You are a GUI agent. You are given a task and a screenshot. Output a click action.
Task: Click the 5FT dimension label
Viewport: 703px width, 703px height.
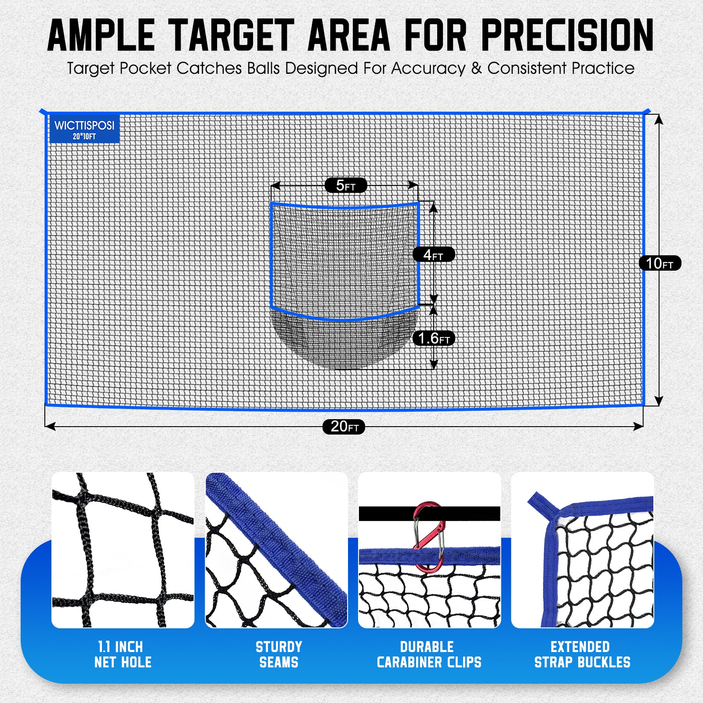[346, 185]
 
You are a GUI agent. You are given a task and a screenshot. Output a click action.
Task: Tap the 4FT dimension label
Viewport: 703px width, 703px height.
[433, 254]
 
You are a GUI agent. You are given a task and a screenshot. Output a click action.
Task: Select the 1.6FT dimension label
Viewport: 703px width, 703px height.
[434, 338]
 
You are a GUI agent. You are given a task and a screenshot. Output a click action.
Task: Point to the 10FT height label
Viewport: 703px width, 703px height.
[660, 263]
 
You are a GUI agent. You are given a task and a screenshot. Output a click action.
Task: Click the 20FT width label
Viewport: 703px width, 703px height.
[344, 427]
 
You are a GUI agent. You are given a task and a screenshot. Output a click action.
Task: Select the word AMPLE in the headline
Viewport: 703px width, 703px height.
[101, 36]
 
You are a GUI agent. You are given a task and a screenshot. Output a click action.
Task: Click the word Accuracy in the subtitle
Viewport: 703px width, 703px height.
[428, 69]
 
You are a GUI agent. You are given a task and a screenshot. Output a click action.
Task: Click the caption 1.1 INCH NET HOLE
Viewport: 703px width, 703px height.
[123, 654]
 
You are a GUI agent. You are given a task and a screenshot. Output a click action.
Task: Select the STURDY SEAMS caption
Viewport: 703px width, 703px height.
[279, 654]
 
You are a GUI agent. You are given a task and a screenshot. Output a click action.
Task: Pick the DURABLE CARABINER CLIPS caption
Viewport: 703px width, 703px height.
[429, 654]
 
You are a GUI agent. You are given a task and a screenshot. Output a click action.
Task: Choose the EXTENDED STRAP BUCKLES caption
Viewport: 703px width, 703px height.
[582, 654]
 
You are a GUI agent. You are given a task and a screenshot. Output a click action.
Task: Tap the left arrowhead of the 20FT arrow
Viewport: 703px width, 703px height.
[50, 426]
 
